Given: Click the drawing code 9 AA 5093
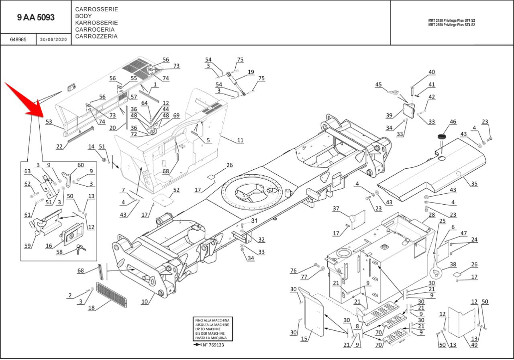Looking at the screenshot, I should (x=36, y=18).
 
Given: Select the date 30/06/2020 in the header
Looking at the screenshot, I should (x=53, y=40).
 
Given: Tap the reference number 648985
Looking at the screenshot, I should (x=18, y=40).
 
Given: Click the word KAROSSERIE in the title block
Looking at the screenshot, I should (x=96, y=22).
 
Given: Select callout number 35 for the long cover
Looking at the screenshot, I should (x=474, y=184).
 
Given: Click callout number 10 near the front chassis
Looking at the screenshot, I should (x=145, y=301).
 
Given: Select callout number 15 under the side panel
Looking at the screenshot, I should (x=304, y=339).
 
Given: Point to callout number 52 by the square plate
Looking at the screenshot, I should (x=176, y=189).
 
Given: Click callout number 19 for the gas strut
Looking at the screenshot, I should (x=251, y=72).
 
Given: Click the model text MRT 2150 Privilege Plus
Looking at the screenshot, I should (x=451, y=20).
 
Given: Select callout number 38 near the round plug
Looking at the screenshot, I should (x=453, y=264).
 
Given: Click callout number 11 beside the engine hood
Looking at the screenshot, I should (x=240, y=140).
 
